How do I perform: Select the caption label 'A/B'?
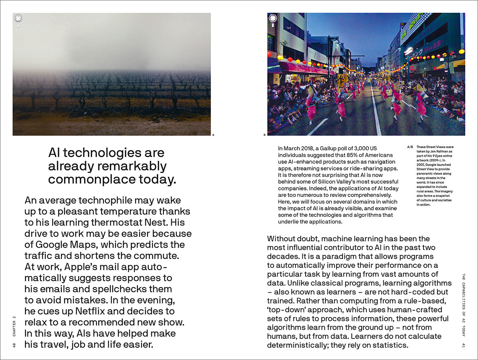(x=410, y=147)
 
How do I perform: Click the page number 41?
(x=464, y=344)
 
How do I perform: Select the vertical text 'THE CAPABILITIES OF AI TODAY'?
(x=464, y=305)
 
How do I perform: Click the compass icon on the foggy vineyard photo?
(x=18, y=18)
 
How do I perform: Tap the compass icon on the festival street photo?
(x=273, y=18)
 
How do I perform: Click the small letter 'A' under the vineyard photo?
(x=213, y=135)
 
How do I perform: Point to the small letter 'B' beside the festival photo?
(x=264, y=135)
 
